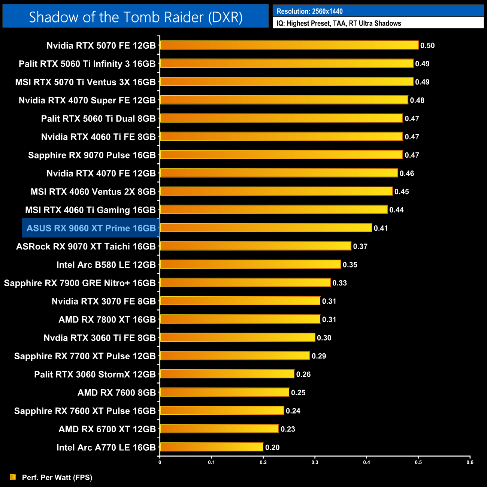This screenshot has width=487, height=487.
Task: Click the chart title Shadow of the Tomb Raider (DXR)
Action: click(x=136, y=17)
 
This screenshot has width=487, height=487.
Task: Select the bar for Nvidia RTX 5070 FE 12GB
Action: click(x=289, y=45)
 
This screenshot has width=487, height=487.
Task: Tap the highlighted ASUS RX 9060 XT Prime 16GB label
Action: click(x=91, y=228)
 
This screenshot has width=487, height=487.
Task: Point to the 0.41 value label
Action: click(x=381, y=228)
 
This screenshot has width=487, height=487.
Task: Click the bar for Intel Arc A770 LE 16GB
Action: click(x=211, y=447)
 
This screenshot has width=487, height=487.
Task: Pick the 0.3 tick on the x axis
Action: click(x=315, y=462)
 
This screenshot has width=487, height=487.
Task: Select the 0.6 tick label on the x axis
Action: click(x=470, y=462)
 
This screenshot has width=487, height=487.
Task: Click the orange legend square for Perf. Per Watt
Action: click(x=13, y=477)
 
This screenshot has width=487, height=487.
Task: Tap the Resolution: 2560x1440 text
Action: click(x=310, y=11)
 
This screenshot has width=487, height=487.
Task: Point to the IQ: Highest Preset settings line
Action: click(x=339, y=23)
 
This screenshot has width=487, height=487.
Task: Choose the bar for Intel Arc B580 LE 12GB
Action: click(x=250, y=264)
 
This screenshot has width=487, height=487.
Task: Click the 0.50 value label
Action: click(x=427, y=46)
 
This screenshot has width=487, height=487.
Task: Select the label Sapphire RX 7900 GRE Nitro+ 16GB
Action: click(x=80, y=283)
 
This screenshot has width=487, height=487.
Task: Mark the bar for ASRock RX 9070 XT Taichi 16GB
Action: click(x=255, y=246)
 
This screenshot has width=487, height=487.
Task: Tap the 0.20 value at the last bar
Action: click(x=272, y=447)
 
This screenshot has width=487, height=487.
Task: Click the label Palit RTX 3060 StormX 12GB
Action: click(x=95, y=374)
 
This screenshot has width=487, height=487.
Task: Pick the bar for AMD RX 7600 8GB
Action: click(x=224, y=392)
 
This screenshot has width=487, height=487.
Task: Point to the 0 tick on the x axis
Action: click(x=160, y=462)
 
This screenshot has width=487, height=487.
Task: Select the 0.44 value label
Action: click(x=396, y=210)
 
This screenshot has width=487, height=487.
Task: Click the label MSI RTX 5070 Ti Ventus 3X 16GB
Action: click(x=85, y=82)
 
